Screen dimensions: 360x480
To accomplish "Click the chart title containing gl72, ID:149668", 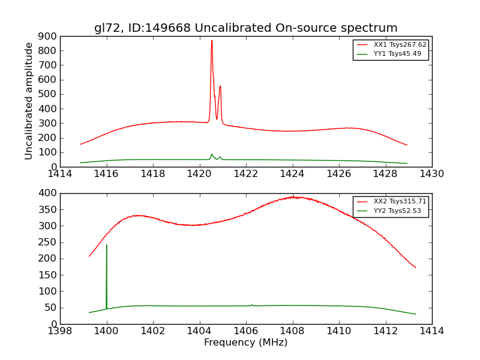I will click(x=245, y=28).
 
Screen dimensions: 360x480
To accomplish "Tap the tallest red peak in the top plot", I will click(x=211, y=41).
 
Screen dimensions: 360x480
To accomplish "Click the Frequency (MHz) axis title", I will click(x=245, y=343).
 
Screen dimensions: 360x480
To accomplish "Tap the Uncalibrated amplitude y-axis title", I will click(x=29, y=101).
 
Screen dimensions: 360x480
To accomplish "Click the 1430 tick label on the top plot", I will click(x=431, y=174).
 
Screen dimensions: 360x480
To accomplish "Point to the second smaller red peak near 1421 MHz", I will click(x=220, y=86).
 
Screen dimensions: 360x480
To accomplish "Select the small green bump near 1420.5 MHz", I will click(x=211, y=154).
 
